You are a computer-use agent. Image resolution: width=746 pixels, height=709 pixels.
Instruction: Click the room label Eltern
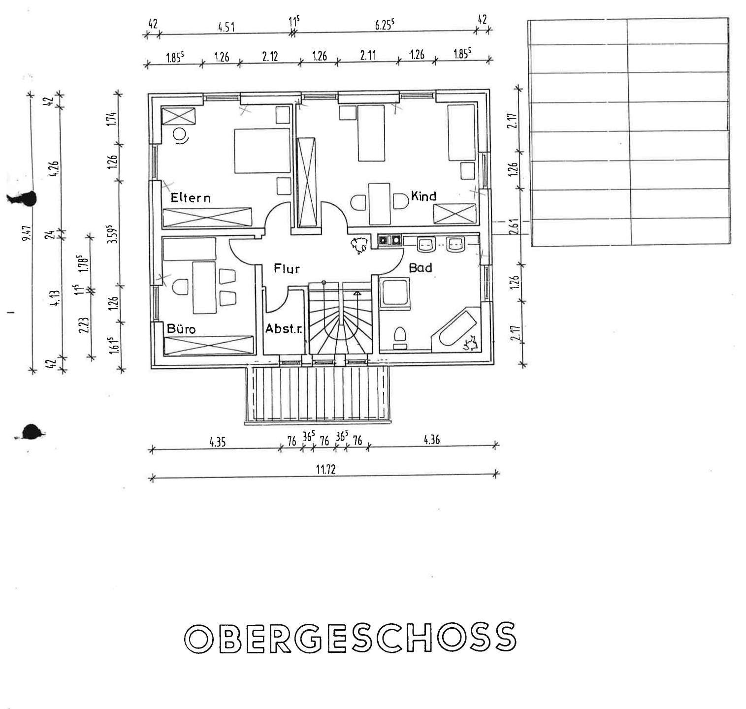coord(191,198)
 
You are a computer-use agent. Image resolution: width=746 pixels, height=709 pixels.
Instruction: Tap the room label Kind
coord(423,196)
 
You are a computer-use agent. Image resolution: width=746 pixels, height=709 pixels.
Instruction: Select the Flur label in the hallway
coord(287,269)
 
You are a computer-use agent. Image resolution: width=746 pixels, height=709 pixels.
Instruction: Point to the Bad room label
coord(421,267)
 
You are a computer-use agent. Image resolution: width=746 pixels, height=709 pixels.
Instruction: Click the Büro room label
coord(181,328)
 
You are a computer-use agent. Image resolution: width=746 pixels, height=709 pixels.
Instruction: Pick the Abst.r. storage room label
coord(284,328)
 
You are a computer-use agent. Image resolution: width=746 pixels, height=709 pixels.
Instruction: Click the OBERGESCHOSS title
coord(350,638)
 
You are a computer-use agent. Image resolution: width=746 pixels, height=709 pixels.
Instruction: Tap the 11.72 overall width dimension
coord(325,469)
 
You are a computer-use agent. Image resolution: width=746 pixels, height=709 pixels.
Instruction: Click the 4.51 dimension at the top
coord(227,27)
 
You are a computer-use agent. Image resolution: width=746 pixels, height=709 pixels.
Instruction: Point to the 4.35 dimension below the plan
coord(217,442)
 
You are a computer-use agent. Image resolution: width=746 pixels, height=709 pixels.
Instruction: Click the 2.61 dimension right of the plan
coord(514,228)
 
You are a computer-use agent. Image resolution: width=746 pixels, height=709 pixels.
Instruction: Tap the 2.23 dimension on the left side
coord(84,325)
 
